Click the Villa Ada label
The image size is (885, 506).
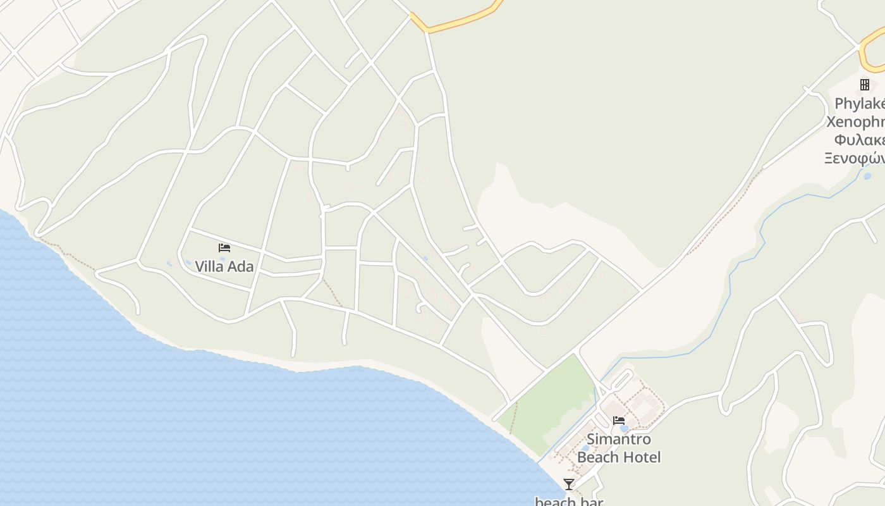[224, 266]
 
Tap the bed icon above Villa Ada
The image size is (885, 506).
[224, 247]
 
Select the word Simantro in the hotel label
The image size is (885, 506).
[618, 439]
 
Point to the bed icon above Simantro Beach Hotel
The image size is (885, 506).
[619, 420]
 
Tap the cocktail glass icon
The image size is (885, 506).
[569, 484]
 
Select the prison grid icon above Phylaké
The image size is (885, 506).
[865, 85]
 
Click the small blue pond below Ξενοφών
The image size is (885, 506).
[867, 176]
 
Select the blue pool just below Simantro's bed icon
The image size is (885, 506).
[624, 429]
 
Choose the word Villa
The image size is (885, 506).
[209, 266]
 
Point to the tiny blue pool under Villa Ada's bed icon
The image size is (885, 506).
[222, 259]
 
